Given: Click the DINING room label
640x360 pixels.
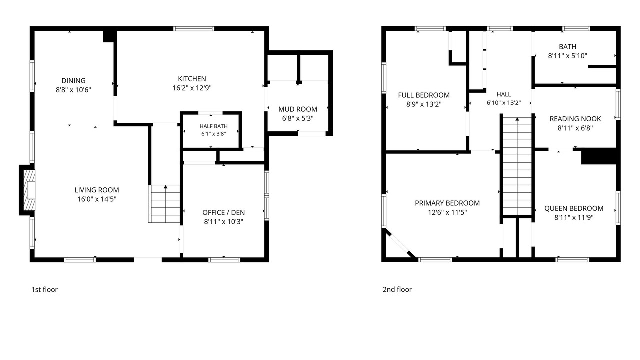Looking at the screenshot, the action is [73, 81].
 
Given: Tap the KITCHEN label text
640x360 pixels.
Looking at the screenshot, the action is [192, 79].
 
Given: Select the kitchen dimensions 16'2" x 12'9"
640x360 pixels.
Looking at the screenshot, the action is [192, 88].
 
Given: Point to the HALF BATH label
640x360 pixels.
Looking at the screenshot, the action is [213, 126].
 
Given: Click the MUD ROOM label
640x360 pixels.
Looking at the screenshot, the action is [298, 109].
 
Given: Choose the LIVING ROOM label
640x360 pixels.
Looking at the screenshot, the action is [97, 190].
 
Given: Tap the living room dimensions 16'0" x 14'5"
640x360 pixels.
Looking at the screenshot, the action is [97, 199].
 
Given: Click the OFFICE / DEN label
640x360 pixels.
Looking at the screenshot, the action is [223, 212].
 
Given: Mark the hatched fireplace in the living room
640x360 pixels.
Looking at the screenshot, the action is [29, 190].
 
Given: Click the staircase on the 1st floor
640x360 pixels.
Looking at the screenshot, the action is [164, 204].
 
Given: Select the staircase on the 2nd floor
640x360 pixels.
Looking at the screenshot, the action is [517, 166].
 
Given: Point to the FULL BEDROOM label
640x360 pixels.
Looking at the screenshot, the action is [424, 95].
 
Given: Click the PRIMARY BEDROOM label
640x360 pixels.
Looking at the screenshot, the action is [447, 203].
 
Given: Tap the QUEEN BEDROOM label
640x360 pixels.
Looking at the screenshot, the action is [574, 208].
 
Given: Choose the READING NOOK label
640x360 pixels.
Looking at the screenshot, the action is [575, 119].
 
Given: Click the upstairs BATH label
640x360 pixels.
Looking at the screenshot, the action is [567, 46].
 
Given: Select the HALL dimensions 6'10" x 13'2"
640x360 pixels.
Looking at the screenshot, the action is [504, 103].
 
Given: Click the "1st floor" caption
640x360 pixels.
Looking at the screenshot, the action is [44, 289].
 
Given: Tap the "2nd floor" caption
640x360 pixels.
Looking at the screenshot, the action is [397, 289].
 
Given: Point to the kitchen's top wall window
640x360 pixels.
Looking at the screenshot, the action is [194, 29].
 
